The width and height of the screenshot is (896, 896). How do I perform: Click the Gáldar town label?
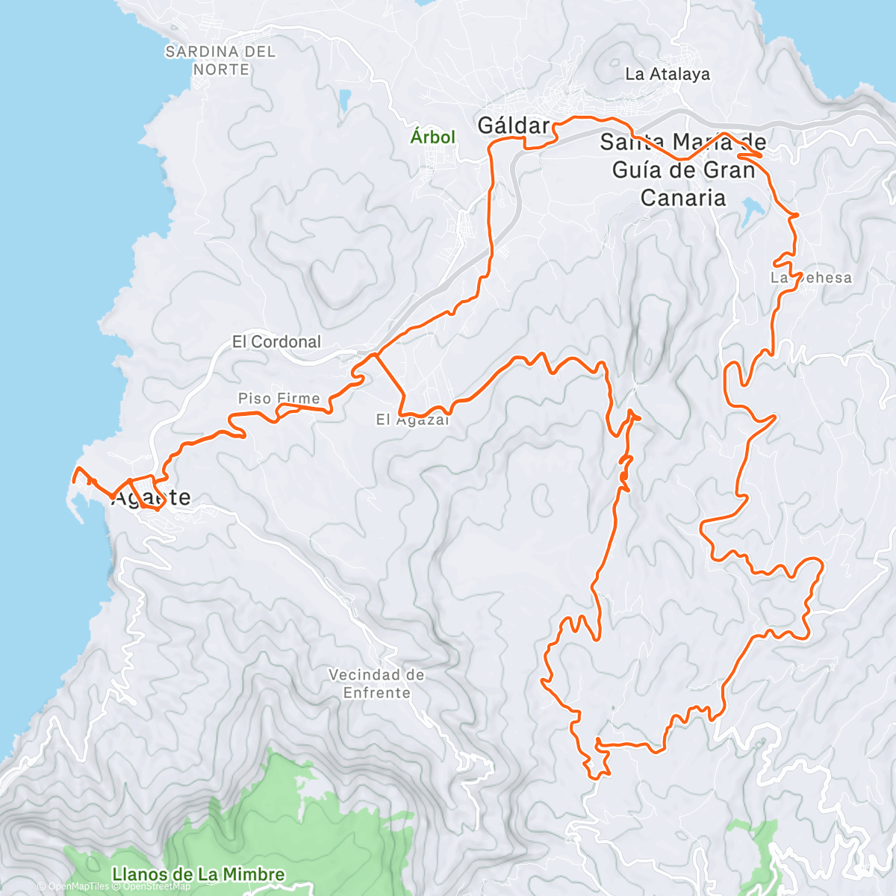513,125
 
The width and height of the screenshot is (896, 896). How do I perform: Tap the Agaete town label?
151,498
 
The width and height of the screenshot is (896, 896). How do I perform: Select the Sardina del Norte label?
220,60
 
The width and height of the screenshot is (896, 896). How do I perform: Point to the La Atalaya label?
668,74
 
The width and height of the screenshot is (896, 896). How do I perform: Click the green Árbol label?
432,137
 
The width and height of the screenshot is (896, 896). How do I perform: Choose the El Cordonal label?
276,342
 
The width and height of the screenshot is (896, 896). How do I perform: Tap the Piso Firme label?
279,399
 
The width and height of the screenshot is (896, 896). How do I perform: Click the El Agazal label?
412,420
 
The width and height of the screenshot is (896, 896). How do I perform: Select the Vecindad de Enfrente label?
376,683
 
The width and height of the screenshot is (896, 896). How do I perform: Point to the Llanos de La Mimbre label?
198,874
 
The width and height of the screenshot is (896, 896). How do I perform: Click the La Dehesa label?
811,278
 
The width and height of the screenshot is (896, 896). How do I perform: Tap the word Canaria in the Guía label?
683,198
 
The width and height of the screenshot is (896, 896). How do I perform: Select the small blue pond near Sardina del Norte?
344,100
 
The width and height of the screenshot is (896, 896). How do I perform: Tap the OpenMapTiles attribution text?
78,887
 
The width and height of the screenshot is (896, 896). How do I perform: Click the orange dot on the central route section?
623,476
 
